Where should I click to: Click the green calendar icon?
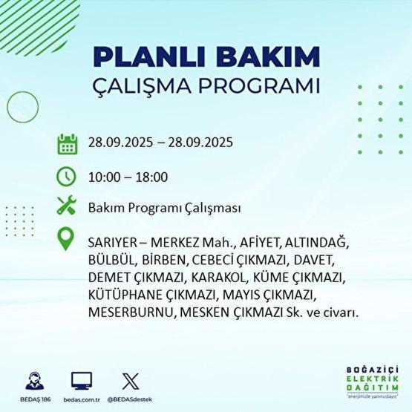pos(67,143)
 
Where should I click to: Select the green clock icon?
pos(67,177)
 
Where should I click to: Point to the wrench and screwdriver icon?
pos(67,208)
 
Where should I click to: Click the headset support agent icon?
pos(34,380)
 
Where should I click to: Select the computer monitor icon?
pos(82,380)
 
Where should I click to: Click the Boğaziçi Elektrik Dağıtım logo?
pos(373,382)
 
